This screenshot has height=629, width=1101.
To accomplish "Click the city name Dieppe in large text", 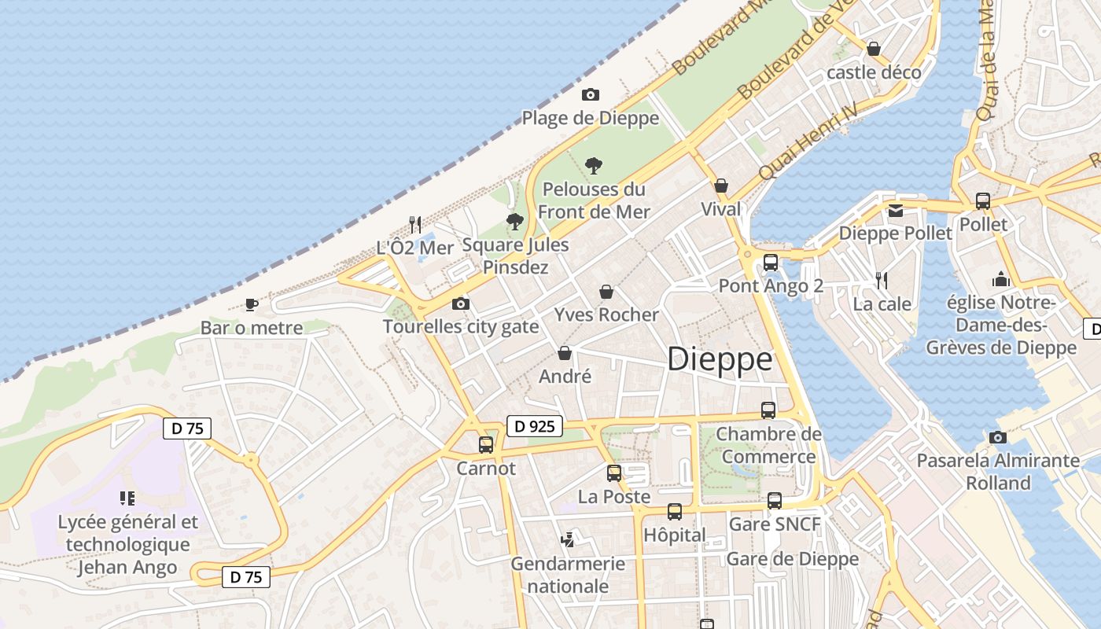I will [x=720, y=359].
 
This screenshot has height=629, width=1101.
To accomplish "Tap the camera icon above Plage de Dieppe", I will [x=590, y=95].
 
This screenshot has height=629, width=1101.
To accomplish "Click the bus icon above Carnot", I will [x=486, y=445].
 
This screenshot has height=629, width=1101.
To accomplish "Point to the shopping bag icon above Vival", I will [x=720, y=186].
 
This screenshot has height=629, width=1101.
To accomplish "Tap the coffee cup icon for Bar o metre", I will [x=251, y=304].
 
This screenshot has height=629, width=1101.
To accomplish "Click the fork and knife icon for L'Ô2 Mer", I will [x=415, y=225].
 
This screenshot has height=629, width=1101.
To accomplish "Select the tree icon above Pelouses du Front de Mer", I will [x=594, y=166].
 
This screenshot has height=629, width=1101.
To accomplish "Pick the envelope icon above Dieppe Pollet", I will [x=896, y=210].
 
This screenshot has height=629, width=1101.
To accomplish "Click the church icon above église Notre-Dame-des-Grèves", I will [x=1000, y=279].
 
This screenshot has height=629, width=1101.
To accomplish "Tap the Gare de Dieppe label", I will [x=792, y=559].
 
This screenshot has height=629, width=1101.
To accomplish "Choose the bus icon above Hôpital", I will [x=674, y=512].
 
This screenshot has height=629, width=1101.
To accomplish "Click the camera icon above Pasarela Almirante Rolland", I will [x=998, y=437].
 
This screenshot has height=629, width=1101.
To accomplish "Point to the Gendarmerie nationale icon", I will [x=566, y=539].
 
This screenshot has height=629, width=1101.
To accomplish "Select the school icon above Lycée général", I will [x=127, y=498].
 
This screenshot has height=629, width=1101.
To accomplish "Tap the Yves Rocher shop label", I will [x=606, y=314].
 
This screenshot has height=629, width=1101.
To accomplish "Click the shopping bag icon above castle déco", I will [x=873, y=49].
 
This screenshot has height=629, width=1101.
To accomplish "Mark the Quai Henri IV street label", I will [x=807, y=142].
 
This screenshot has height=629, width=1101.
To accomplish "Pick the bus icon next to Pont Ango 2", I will [x=771, y=263].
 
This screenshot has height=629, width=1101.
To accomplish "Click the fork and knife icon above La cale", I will [x=882, y=280].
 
